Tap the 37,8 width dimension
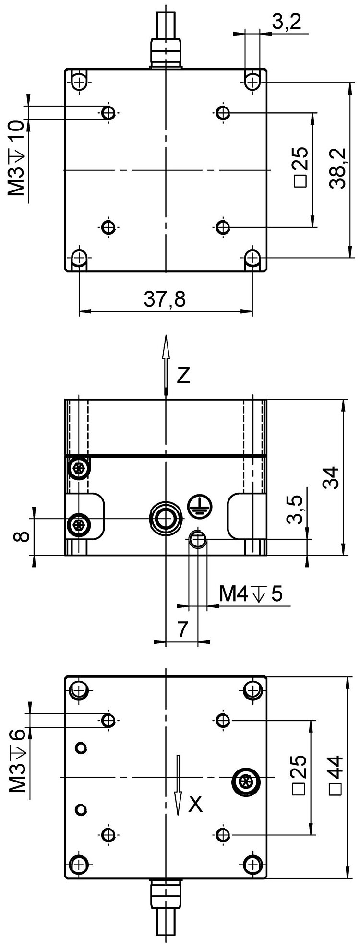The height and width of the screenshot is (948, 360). tap(165, 299)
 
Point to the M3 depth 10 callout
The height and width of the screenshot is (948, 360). tap(17, 159)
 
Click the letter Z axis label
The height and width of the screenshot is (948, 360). tap(183, 376)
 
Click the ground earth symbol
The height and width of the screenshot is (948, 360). tap(196, 504)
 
